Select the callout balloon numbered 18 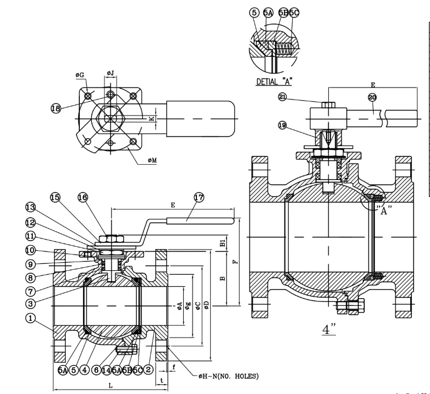[x=56, y=108]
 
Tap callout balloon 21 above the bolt [x=282, y=97]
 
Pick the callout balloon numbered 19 [x=282, y=125]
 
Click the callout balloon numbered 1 [x=31, y=317]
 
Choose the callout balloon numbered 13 [x=31, y=207]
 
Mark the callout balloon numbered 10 [x=31, y=251]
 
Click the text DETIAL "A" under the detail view [x=274, y=82]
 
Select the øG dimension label [x=80, y=74]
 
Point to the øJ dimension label [x=110, y=73]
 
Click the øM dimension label [x=152, y=160]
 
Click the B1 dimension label [x=222, y=242]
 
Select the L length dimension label [x=111, y=386]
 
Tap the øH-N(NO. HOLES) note [x=229, y=376]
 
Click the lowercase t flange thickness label [x=162, y=379]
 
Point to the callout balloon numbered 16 [x=82, y=197]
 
